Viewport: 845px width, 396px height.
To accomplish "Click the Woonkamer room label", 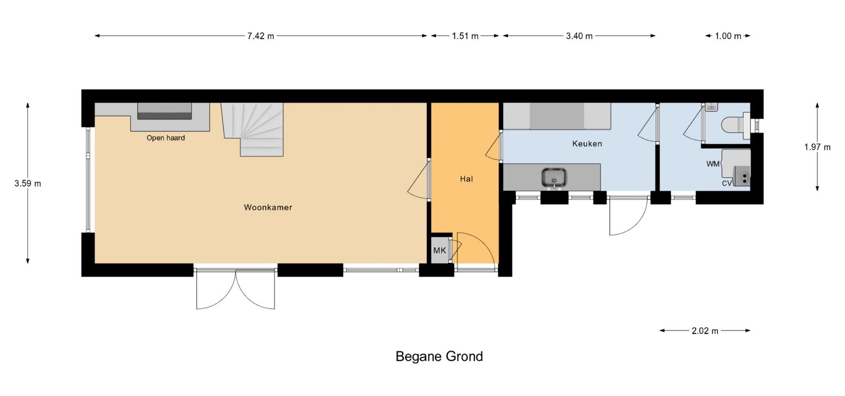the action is point(268,207).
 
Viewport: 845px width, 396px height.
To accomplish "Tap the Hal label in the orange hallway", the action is point(467,179).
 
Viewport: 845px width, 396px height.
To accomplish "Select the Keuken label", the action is point(587,143).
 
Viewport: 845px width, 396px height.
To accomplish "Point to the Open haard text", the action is point(165,138).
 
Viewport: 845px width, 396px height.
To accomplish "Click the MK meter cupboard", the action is point(440,250).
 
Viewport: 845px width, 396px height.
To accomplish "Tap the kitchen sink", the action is point(554,178).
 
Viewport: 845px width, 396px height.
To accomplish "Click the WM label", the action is point(713,164).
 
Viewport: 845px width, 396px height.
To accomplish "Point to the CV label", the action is point(727,183).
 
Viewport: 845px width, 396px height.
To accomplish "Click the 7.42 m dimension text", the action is point(261,36).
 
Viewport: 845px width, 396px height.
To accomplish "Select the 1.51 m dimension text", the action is point(465,36).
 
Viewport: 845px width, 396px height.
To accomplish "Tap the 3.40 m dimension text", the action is point(579,36).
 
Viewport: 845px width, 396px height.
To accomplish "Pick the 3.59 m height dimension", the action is point(28,183).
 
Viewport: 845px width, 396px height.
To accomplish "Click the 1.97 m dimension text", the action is point(817,147).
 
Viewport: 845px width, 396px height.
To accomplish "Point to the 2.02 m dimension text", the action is point(705,331).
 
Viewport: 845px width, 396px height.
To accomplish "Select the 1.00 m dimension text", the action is point(728,36).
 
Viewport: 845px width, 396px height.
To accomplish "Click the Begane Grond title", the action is point(439,356).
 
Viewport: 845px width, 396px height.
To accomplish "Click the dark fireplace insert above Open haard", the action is point(165,111).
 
